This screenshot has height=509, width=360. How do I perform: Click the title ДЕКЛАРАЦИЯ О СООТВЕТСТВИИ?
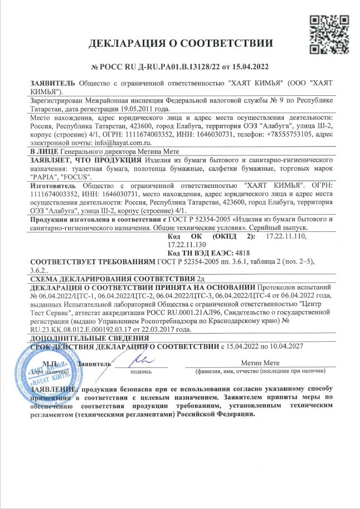pyautogui.click(x=181, y=43)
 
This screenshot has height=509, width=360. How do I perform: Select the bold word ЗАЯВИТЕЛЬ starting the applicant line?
pyautogui.click(x=54, y=83)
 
